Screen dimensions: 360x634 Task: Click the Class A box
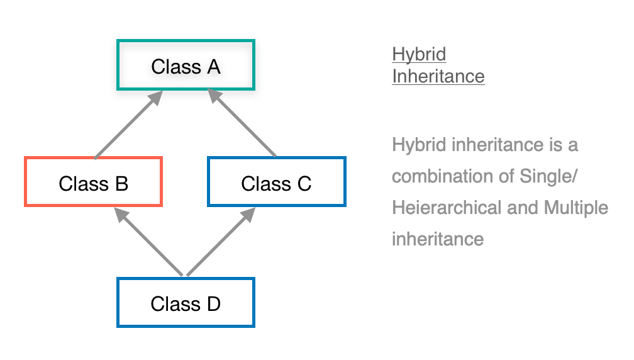pos(186,65)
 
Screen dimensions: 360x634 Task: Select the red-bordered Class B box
pos(93,182)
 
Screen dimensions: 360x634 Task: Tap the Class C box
pos(276,182)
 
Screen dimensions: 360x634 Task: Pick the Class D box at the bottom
pos(186,303)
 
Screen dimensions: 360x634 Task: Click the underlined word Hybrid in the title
pos(419,54)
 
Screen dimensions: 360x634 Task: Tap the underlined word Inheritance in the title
pos(438,76)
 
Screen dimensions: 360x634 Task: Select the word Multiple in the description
pos(576,207)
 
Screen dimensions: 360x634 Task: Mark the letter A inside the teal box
pos(213,66)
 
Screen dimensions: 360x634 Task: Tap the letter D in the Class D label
pos(213,303)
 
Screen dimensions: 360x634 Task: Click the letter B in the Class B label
pos(121,183)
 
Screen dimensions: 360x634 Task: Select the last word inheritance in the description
pos(438,239)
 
